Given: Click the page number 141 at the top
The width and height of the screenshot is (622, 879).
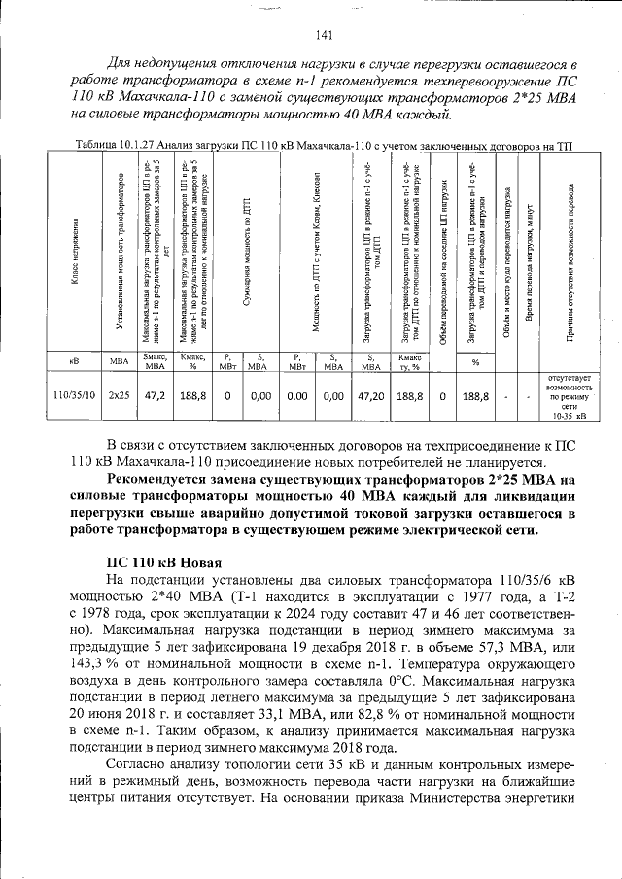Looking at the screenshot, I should (325, 36).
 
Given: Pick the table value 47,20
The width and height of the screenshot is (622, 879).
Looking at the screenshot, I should (372, 396).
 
